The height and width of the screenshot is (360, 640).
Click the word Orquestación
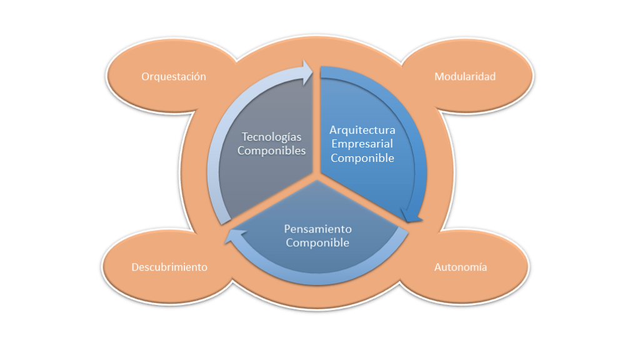[173, 77]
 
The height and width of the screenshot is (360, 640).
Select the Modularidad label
[464, 77]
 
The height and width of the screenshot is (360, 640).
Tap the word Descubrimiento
[169, 267]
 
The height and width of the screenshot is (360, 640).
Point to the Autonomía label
[460, 267]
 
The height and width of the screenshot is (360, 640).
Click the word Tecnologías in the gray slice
[271, 137]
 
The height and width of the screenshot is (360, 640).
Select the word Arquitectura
[362, 131]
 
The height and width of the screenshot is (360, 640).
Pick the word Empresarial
[362, 144]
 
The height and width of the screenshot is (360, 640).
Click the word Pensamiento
[317, 229]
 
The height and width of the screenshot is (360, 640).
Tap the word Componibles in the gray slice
[271, 151]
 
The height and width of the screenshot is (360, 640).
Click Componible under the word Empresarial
[362, 158]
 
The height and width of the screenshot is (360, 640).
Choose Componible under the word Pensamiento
[317, 242]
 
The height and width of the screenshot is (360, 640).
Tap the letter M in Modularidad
[438, 77]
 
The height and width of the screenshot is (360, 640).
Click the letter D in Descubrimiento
[135, 267]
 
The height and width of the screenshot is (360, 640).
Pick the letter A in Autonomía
[437, 267]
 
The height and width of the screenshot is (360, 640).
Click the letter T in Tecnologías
[244, 137]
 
